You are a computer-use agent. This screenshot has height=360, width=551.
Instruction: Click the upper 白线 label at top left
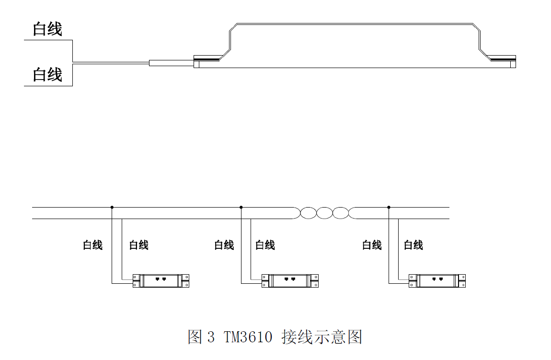click(47, 29)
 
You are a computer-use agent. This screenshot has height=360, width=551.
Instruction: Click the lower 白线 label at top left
click(47, 75)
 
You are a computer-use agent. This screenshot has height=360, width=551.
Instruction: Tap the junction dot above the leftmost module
click(112, 207)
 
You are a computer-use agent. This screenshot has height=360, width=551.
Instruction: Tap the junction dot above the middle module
click(241, 207)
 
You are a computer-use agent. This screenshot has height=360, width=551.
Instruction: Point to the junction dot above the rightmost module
click(389, 207)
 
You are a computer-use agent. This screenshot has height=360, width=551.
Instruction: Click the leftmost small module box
click(161, 280)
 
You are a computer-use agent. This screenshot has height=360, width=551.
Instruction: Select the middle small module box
click(290, 280)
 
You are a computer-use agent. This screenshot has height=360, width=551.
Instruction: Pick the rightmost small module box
click(437, 280)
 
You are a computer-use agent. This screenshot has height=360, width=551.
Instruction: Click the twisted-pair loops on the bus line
click(324, 213)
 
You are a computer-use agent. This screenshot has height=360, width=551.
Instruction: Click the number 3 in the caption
click(211, 337)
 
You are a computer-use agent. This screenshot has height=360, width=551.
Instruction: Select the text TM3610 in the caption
click(248, 337)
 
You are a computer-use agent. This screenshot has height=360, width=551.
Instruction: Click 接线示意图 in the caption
click(321, 337)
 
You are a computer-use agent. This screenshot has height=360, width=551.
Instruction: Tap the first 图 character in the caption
click(195, 337)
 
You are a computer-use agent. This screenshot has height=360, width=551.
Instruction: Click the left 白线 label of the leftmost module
click(92, 245)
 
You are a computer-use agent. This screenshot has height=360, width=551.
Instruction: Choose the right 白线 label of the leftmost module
click(139, 245)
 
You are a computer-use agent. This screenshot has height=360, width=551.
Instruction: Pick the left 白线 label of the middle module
click(224, 245)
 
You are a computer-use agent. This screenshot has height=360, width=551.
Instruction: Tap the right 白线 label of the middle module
click(265, 245)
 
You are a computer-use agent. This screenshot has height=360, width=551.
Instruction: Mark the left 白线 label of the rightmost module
click(372, 245)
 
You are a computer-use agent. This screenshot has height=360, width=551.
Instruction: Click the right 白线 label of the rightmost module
click(413, 245)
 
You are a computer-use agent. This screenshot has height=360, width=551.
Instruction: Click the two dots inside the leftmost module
click(161, 279)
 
